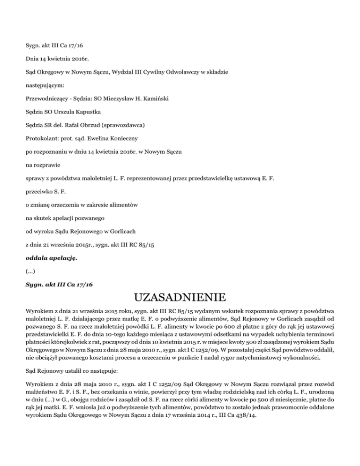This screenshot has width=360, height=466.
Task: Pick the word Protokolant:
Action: coord(42,139)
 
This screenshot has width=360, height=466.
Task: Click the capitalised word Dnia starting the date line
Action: coord(32,60)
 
